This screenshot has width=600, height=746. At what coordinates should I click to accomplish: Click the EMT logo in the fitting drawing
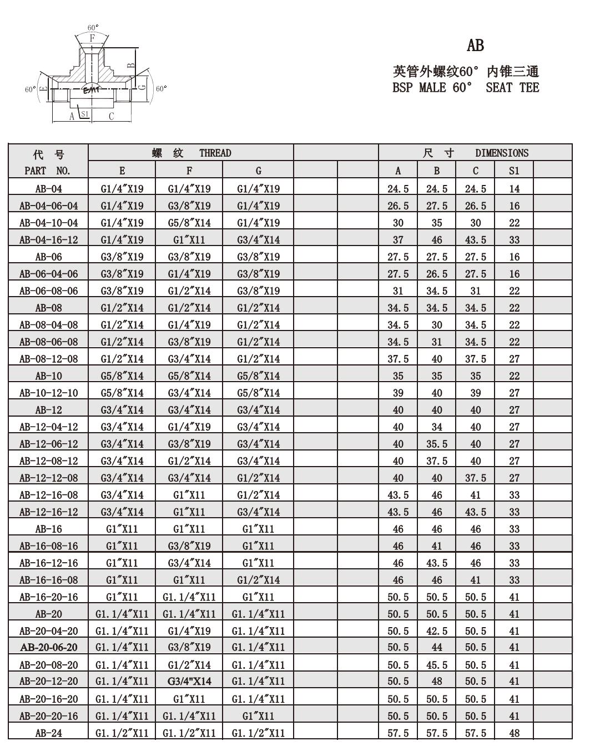(91, 90)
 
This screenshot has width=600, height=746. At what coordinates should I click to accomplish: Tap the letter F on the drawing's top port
(93, 38)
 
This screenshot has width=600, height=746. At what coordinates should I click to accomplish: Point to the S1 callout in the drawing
(85, 114)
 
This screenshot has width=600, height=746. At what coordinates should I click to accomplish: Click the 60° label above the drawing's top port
(93, 27)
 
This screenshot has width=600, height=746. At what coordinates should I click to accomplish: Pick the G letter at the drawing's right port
(142, 87)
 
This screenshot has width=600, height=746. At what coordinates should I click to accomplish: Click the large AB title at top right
(475, 46)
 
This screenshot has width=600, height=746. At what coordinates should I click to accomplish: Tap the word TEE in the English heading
(530, 87)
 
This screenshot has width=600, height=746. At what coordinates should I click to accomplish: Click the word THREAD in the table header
(215, 153)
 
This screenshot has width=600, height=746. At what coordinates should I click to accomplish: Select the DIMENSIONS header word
(502, 153)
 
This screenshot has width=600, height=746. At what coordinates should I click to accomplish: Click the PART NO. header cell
(48, 171)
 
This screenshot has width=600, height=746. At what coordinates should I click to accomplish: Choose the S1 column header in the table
(514, 171)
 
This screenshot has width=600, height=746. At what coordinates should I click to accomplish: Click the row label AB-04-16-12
(49, 239)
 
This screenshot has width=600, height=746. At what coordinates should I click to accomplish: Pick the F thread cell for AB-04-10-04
(189, 223)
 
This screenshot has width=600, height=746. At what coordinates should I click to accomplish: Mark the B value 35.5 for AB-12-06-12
(437, 444)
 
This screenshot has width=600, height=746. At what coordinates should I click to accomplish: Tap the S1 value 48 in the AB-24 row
(514, 733)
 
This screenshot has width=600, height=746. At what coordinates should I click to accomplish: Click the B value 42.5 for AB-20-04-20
(437, 631)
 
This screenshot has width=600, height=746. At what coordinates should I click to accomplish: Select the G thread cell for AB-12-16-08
(258, 495)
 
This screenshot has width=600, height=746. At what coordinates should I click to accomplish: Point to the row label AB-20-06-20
(49, 648)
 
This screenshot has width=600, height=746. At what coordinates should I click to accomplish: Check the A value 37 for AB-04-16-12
(398, 239)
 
